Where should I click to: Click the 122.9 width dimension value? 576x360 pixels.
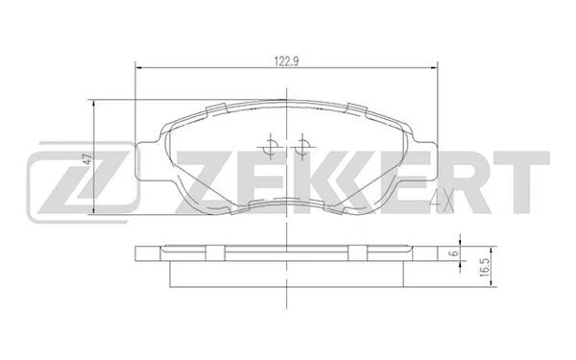(287, 61)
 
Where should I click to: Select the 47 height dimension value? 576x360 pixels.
(87, 159)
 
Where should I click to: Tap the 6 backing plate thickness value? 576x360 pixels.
(454, 252)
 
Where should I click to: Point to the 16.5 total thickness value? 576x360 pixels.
(484, 267)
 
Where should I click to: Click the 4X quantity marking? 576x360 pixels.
(442, 202)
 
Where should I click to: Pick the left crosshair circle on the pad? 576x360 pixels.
(271, 147)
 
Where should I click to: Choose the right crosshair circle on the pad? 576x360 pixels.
(302, 147)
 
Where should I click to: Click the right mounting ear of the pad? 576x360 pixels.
(425, 161)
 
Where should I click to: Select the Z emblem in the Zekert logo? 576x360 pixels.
(83, 182)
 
